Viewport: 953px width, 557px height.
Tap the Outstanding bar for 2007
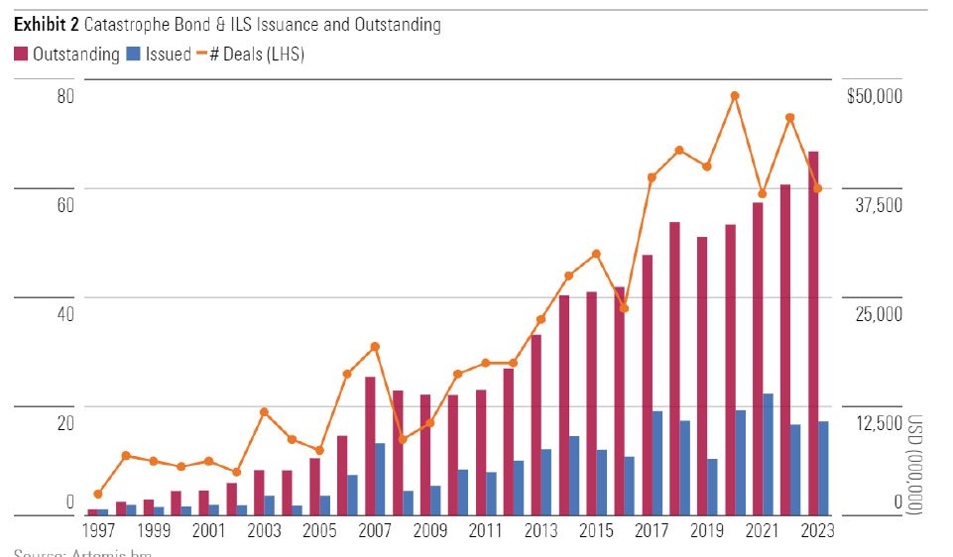370,446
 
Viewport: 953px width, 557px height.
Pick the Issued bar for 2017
657,463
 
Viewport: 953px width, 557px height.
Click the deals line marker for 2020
735,96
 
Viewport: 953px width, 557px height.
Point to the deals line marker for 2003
264,411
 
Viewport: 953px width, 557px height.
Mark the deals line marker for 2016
624,308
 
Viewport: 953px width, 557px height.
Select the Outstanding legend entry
66,55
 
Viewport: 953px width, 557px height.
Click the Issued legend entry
161,55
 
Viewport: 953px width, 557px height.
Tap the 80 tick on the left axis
65,96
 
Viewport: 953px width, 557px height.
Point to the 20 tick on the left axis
65,423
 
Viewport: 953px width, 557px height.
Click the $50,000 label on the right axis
874,96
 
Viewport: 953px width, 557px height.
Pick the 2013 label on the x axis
541,530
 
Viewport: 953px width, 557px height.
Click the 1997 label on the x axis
97,530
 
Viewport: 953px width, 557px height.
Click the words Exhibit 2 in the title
47,24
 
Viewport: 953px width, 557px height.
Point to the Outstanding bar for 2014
563,405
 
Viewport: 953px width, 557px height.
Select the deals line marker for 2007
375,346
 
